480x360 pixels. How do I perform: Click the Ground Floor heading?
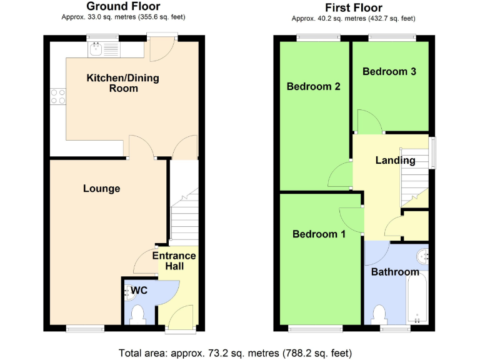coord(123,7)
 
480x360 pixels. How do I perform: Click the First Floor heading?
coord(353,7)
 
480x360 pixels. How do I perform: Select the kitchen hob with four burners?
coord(58,96)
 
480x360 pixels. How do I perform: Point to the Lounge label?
coord(101,188)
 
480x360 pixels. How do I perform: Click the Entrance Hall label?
coord(174,261)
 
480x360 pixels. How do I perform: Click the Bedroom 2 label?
coord(313,87)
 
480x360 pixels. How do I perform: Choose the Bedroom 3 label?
coord(389,71)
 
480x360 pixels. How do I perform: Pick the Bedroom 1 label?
coord(319,234)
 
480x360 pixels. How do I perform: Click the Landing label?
coord(395,161)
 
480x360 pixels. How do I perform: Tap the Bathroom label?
coord(395,272)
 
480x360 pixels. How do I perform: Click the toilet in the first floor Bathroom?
coord(379,314)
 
